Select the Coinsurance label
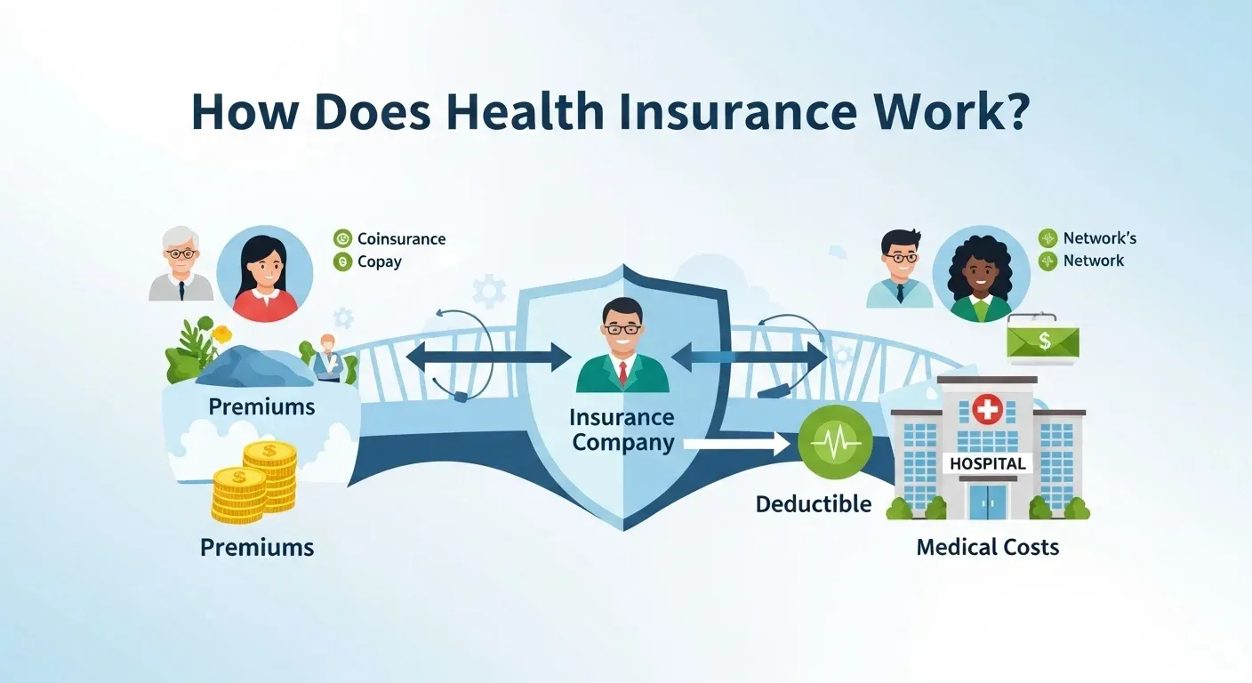coord(401,238)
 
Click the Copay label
coord(380,261)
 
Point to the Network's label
coord(1099,237)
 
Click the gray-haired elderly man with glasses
coord(181,264)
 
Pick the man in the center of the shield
coord(622,347)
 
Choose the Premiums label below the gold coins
coord(257,546)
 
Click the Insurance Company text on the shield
coord(622,430)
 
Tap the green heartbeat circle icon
coord(829,438)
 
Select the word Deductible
coord(813,504)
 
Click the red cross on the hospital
coord(987,409)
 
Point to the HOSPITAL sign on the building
coord(987,463)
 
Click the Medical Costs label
coord(987,546)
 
